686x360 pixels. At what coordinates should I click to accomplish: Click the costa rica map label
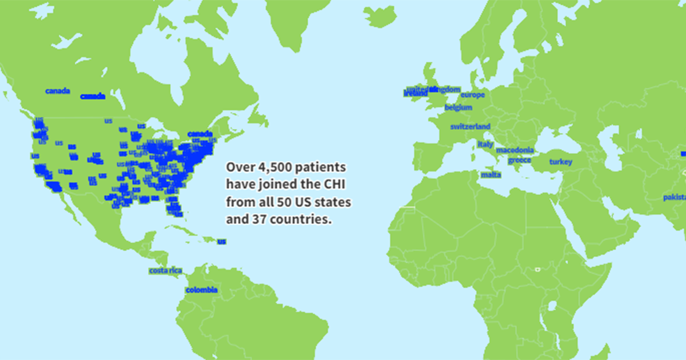click(165, 270)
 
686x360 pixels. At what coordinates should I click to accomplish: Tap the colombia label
click(201, 290)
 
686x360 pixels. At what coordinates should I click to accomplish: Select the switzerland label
click(470, 126)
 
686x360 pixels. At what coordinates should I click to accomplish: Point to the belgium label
click(458, 107)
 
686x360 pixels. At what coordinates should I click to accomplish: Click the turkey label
click(560, 162)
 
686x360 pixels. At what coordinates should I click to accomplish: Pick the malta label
click(490, 174)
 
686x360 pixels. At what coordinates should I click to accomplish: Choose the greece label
click(519, 161)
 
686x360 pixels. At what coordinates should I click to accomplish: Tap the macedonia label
click(514, 150)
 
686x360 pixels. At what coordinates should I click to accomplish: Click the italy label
click(485, 145)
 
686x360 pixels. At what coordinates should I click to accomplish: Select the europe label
click(472, 95)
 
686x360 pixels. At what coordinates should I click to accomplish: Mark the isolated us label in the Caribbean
click(221, 241)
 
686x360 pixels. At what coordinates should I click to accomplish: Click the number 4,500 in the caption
click(273, 168)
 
